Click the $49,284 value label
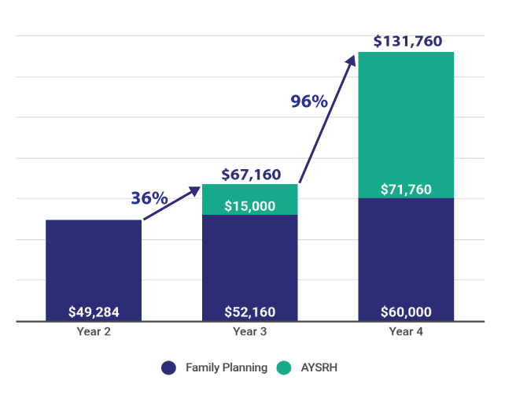[x=94, y=312]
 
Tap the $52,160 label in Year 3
[x=249, y=312]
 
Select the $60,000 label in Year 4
[x=405, y=312]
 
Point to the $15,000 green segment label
[x=249, y=206]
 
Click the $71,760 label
[x=405, y=190]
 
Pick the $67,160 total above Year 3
[x=251, y=175]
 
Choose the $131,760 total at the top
[x=407, y=42]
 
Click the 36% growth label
[x=149, y=198]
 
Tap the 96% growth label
[x=309, y=102]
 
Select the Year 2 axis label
[x=94, y=332]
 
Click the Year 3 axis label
[x=249, y=332]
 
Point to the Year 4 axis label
[x=406, y=332]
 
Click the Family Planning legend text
[x=227, y=367]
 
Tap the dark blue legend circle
[x=168, y=367]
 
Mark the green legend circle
[x=284, y=367]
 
